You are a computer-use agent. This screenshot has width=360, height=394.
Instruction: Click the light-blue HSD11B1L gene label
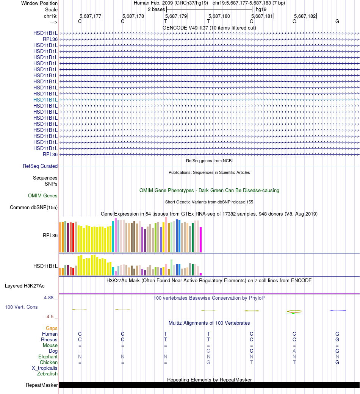45,100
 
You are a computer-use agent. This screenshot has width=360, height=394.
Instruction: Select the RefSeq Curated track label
40,166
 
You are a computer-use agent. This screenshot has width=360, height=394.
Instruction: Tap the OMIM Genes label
43,195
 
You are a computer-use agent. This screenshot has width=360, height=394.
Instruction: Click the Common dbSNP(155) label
34,207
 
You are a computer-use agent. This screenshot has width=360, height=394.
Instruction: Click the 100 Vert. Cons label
21,307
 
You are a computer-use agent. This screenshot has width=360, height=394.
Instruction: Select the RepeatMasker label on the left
42,385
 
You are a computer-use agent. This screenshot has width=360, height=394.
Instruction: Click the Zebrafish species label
47,374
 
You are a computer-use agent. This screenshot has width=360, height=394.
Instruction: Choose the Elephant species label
48,356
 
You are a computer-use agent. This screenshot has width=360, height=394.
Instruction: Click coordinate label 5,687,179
176,16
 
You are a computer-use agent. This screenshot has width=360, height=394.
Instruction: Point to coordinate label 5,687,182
305,16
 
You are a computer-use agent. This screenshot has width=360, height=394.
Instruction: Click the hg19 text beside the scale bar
261,9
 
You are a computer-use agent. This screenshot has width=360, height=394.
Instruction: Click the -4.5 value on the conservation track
49,316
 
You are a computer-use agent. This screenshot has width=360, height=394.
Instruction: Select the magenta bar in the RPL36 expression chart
200,239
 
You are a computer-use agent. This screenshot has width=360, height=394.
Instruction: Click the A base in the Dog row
294,351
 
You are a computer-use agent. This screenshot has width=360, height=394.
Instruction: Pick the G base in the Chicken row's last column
337,362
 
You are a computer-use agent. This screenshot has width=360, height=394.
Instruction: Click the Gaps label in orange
52,328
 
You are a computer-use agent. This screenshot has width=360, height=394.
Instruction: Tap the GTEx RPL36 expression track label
50,235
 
